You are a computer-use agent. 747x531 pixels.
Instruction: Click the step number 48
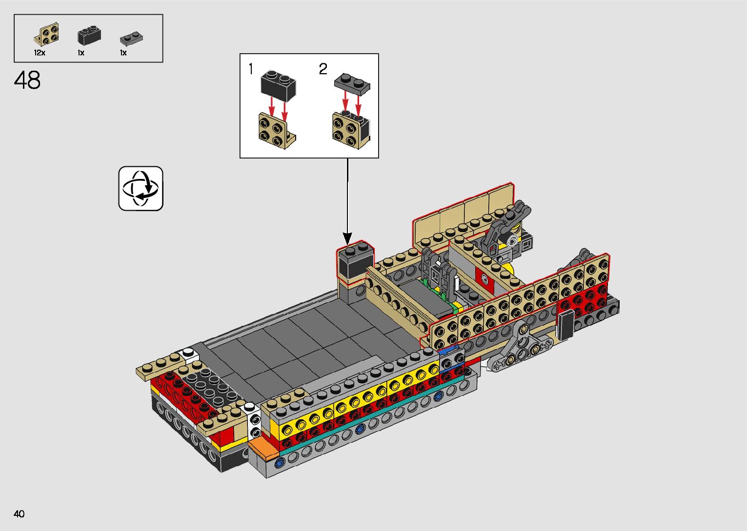point(27,80)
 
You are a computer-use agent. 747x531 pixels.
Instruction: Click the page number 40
point(19,513)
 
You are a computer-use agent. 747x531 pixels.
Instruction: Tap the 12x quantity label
point(40,53)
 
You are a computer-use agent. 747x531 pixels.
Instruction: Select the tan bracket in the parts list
point(47,34)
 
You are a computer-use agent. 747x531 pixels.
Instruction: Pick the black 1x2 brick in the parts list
point(89,35)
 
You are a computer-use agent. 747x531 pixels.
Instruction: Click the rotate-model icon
point(141,188)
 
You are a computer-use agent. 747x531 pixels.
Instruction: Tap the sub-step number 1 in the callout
point(251,69)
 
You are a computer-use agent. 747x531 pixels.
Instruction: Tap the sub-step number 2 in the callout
point(323,69)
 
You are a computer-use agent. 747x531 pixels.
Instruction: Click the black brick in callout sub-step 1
point(278,85)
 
